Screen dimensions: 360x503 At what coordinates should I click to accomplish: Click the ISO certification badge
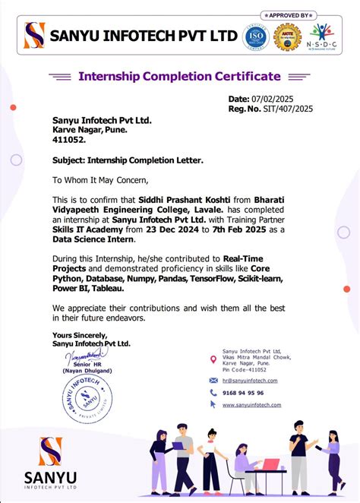[255, 36]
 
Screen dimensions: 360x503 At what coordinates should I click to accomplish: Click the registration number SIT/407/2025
[284, 109]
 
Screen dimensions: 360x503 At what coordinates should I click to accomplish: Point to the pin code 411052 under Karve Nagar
[68, 141]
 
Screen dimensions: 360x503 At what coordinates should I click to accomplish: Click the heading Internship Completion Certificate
[180, 76]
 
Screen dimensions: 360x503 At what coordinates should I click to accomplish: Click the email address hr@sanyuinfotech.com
[249, 380]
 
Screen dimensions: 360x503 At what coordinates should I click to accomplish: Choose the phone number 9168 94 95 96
[243, 393]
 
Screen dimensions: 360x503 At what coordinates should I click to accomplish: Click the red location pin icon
[213, 359]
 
